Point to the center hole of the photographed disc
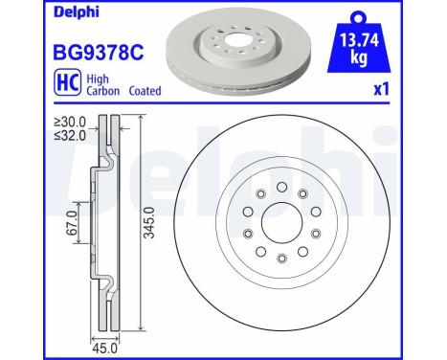pyautogui.click(x=223, y=41)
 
